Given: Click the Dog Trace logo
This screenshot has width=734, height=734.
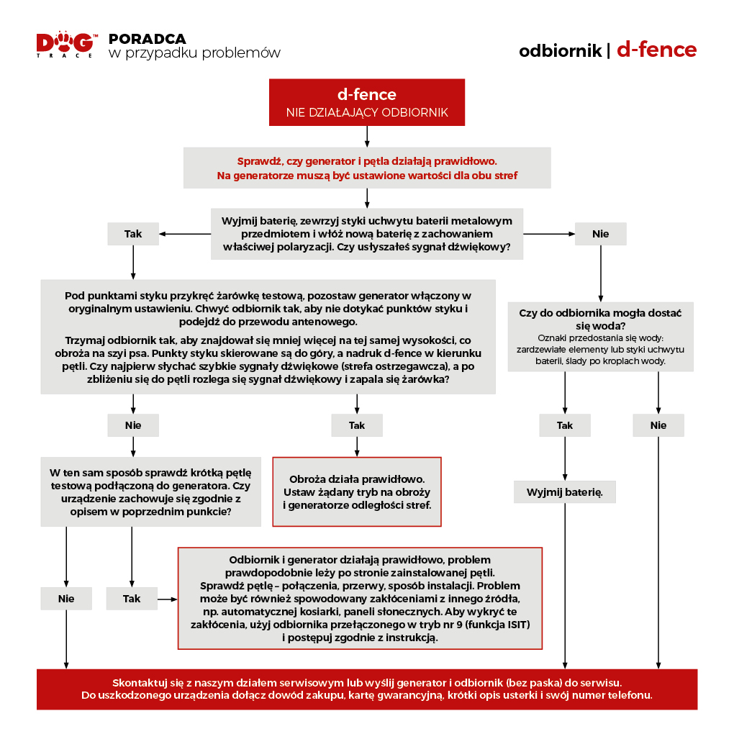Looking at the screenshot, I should (65, 45).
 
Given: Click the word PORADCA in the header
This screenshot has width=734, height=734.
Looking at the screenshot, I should (147, 39).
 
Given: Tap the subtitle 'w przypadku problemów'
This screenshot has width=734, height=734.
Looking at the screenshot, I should (194, 54).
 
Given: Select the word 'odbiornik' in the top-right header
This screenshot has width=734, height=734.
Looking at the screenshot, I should (560, 51).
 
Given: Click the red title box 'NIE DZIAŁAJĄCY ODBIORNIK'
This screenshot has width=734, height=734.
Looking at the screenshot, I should (367, 104).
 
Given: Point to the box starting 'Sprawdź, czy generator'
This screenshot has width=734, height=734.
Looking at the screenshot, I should (367, 168).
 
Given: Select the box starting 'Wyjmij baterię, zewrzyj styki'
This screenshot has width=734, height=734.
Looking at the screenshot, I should (367, 234).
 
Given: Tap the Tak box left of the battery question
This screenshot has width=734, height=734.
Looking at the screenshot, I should (133, 234).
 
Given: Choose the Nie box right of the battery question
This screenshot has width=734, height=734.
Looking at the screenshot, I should (601, 234).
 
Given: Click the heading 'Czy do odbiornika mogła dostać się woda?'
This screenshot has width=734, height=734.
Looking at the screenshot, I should (600, 319).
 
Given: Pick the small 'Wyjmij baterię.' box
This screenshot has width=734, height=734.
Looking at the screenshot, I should (565, 492).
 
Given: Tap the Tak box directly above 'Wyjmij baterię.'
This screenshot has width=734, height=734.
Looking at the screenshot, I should (565, 425).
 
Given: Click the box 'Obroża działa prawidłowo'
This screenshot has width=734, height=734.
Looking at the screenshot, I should (357, 491).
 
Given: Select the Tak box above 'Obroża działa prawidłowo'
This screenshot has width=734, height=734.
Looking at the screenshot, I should (357, 425).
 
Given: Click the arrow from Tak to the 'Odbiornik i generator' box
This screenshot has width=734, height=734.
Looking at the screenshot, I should (168, 599).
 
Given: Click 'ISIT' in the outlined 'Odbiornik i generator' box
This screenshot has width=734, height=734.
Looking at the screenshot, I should (511, 625).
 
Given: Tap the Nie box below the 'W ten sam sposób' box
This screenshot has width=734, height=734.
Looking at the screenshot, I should (66, 599).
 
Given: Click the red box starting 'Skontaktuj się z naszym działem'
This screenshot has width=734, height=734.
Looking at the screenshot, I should (367, 689).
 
